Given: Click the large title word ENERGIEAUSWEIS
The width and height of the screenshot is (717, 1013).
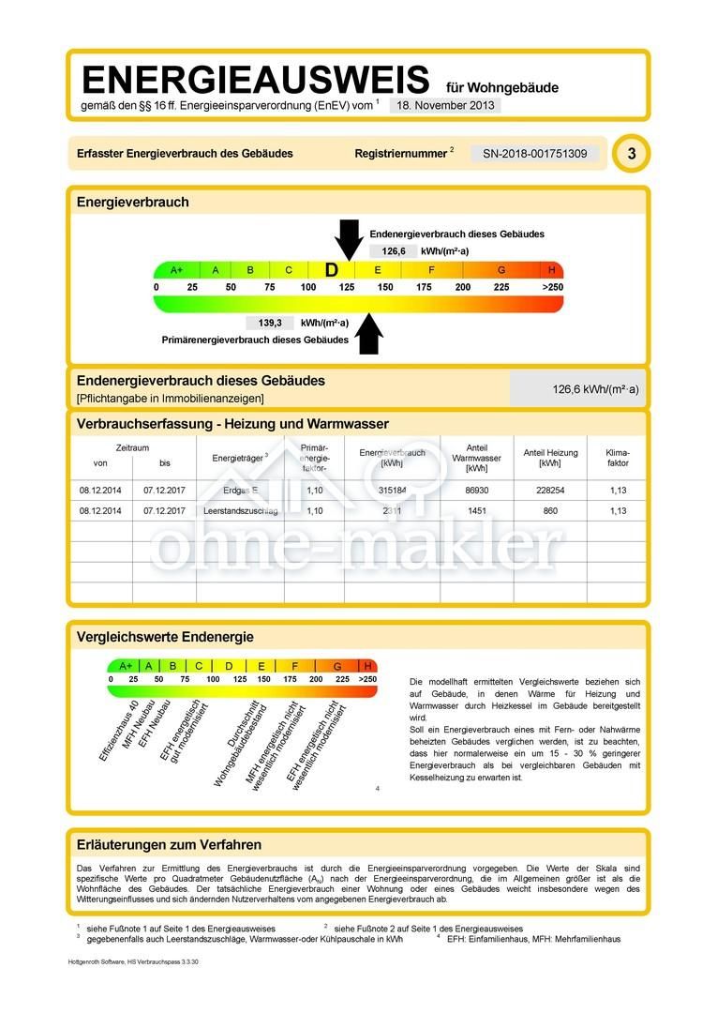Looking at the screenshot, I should coord(255,81).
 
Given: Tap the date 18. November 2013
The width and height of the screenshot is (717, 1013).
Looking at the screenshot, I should coord(444,105).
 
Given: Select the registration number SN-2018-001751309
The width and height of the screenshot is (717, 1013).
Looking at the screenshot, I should coord(535,154).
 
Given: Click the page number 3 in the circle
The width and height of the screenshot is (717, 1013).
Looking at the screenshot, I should coord(631,154).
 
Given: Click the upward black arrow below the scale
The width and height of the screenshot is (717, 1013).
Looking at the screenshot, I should coord(370,333).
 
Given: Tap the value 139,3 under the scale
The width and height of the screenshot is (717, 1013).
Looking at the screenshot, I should coord(269,323).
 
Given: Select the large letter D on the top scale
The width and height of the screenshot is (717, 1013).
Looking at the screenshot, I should coord(331,270).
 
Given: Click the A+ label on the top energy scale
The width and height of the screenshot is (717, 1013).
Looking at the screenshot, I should coord(176,270).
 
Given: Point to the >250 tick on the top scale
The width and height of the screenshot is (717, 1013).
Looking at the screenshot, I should coord(552,287).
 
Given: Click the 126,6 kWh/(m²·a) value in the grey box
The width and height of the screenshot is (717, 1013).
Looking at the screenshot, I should coord(595,389).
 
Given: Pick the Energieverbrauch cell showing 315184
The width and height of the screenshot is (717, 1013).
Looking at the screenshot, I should coord(392,491).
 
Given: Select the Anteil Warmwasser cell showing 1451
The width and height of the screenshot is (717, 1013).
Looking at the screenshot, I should coord(476,511).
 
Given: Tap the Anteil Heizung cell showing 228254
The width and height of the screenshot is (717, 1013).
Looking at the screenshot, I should coord(549,491).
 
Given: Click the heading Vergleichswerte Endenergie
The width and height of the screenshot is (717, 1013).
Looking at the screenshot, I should coord(165,637).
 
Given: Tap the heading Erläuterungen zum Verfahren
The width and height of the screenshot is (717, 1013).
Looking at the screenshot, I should coord(169,845).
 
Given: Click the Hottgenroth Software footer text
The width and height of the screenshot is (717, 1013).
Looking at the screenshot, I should coord(133,962).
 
